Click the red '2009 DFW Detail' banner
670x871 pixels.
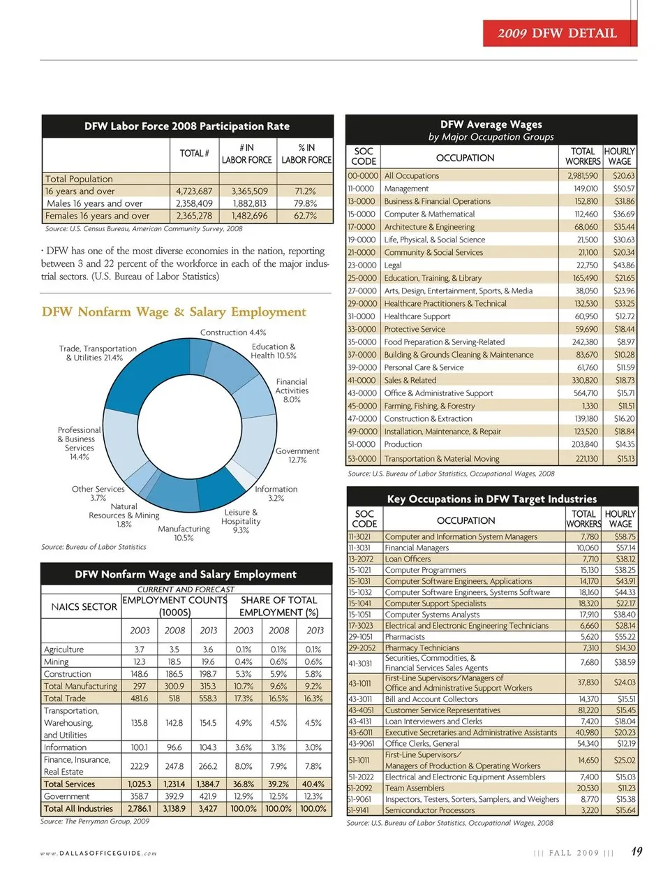559,33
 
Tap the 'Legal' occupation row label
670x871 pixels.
393,265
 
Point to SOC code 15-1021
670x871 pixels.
359,570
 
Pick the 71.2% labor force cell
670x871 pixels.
305,191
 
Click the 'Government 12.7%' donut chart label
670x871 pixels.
297,455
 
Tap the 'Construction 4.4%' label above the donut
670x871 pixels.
233,332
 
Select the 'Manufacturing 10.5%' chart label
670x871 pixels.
184,533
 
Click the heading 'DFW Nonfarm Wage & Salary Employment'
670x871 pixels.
174,312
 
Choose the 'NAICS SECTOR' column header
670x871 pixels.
84,607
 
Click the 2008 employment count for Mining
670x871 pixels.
174,661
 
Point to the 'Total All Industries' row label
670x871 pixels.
78,809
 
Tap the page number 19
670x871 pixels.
636,851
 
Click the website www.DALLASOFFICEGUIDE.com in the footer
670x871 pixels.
98,853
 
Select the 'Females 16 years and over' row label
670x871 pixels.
98,216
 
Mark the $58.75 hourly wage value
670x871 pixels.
624,536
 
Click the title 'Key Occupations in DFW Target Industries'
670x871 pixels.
492,499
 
